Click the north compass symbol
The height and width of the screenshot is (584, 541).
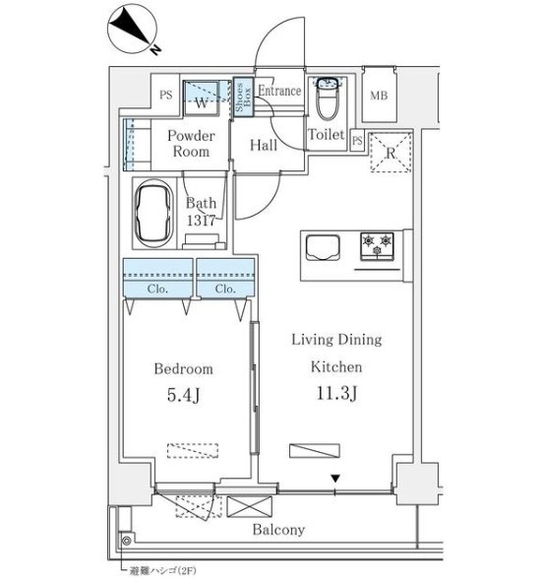132,30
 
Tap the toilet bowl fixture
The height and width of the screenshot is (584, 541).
327,99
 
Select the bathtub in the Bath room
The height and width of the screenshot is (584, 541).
153,214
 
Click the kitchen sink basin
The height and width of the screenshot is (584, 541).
323,247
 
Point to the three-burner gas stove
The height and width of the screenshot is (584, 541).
377,246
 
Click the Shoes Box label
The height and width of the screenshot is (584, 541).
244,97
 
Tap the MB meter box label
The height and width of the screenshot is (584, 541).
379,96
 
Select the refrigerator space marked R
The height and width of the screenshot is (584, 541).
391,153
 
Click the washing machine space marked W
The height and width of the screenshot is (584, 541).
202,98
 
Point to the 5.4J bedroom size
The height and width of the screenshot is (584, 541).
184,395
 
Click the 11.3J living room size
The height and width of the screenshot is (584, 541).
336,393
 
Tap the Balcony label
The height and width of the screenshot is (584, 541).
278,529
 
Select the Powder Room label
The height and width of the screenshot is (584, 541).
191,144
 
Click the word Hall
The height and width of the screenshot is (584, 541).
264,145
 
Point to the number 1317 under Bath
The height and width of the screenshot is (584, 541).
201,221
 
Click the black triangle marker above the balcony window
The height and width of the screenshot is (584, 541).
335,479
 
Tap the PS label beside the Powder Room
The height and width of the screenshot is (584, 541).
166,95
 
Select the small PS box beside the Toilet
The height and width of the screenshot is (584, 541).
357,141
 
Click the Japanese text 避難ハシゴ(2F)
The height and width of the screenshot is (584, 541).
162,570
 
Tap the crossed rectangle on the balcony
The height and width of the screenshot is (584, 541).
249,506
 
